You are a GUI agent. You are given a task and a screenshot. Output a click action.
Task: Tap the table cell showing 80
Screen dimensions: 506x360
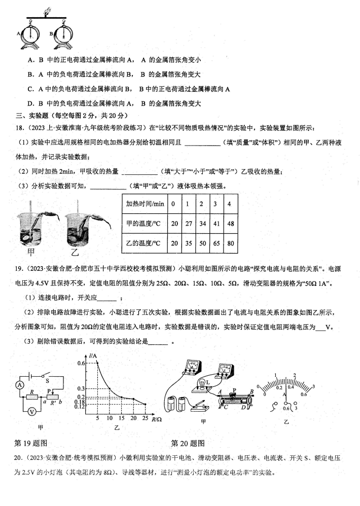click(231, 243)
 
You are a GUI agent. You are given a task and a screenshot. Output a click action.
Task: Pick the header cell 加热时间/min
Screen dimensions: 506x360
click(146, 204)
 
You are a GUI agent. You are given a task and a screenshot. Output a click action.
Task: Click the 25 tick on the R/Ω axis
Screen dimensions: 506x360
click(146, 418)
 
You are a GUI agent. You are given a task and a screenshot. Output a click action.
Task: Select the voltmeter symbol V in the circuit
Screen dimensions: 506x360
click(31, 412)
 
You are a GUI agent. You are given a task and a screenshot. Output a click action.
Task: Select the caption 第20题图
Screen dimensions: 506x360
click(188, 443)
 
